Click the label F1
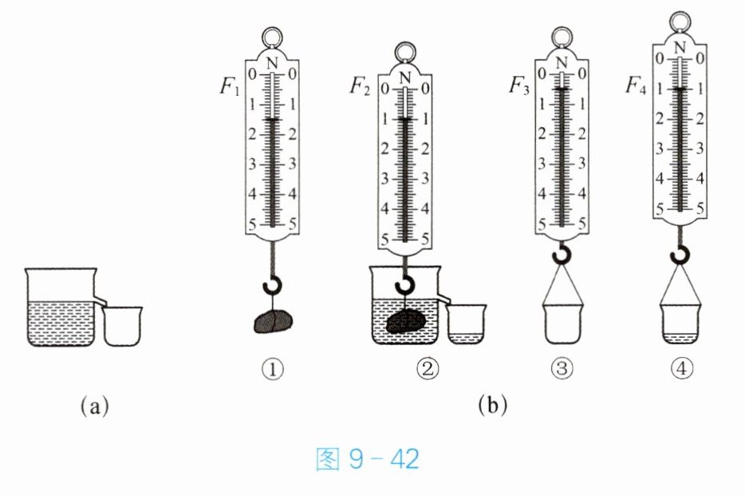coord(230,86)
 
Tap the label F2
coord(360,86)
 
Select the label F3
coord(518,85)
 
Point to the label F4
coord(636,85)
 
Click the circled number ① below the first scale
coord(272,368)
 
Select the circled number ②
coord(428,368)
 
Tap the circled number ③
coord(562,368)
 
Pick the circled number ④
coord(681,368)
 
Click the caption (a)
coord(95,406)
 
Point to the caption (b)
coord(493,405)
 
